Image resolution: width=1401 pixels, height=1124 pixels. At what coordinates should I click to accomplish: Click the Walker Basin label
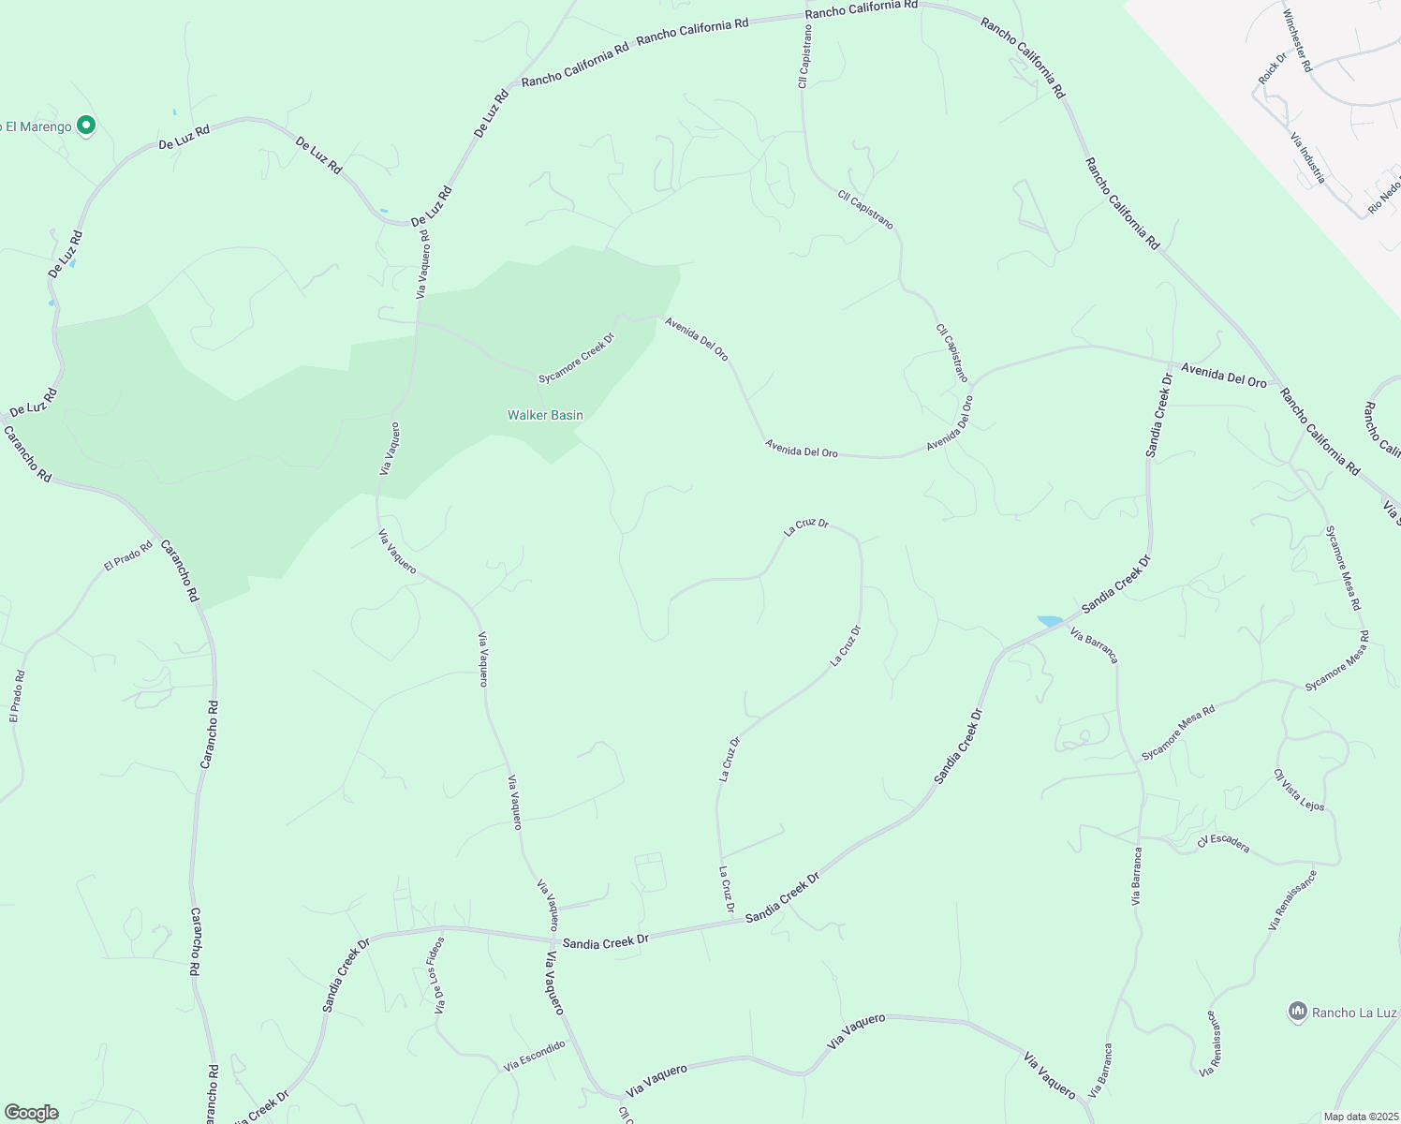[x=545, y=415]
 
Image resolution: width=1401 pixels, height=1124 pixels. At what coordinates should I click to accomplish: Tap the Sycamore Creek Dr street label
[x=576, y=359]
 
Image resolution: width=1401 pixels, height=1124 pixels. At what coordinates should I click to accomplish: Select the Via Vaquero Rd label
[x=422, y=264]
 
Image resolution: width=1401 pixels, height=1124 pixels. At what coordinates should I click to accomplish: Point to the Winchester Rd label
[x=1297, y=41]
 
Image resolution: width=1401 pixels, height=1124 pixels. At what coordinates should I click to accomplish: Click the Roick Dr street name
[x=1273, y=68]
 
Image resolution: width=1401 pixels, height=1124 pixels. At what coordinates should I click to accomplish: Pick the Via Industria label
[x=1307, y=157]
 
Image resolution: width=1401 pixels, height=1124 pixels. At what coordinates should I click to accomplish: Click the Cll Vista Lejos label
[x=1299, y=790]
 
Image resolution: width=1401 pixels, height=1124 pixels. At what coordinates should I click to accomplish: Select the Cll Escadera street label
[x=1223, y=843]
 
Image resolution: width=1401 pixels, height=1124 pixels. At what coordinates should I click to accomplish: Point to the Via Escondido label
[x=535, y=1056]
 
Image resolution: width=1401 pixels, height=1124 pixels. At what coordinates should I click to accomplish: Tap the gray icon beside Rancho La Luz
[x=1297, y=1012]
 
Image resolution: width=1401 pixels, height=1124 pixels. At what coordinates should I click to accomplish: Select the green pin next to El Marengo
[x=86, y=125]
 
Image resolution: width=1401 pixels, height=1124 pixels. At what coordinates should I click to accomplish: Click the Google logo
[x=31, y=1113]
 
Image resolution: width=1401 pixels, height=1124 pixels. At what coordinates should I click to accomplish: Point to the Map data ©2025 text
[x=1360, y=1117]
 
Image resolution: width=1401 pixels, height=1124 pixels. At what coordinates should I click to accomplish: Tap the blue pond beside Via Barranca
[x=1051, y=621]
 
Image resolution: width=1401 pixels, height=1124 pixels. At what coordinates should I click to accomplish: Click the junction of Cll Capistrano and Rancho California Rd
[x=806, y=16]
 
